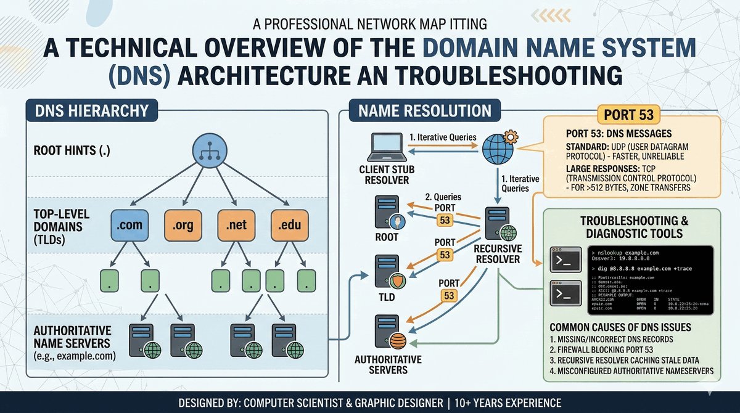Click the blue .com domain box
pyautogui.click(x=128, y=226)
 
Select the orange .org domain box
pyautogui.click(x=183, y=226)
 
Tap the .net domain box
pyautogui.click(x=237, y=226)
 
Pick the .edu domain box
pyautogui.click(x=289, y=226)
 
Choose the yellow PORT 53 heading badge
pyautogui.click(x=629, y=114)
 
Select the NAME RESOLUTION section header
pyautogui.click(x=421, y=111)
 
